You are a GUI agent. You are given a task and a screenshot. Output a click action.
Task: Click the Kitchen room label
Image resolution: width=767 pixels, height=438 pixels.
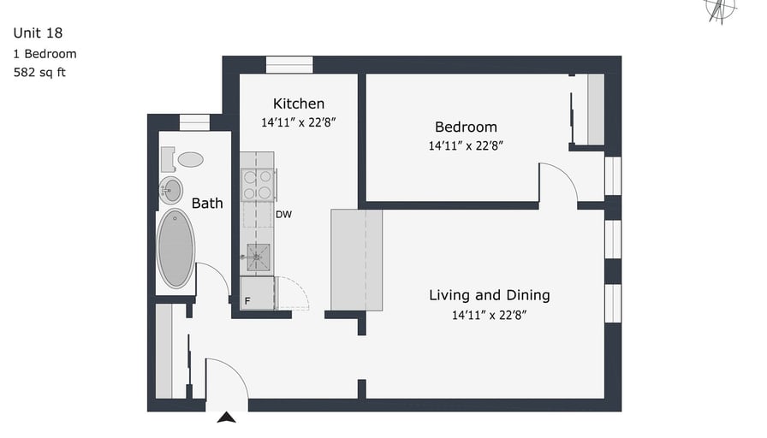(299, 104)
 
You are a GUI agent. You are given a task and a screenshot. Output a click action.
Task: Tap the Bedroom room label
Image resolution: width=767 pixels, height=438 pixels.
(466, 127)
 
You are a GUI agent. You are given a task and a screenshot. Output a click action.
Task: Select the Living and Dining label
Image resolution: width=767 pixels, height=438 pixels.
(489, 295)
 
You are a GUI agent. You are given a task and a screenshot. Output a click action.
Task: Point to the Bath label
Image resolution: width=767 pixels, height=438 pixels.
(207, 204)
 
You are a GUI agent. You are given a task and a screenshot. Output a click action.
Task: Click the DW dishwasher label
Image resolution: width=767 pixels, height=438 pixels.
(283, 214)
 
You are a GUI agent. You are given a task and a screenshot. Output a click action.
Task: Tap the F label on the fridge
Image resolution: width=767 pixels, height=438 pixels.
(247, 300)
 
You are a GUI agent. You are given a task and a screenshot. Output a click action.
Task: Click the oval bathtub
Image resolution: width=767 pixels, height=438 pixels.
(175, 248)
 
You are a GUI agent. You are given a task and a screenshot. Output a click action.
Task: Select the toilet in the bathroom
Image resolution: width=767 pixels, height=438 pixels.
(182, 159)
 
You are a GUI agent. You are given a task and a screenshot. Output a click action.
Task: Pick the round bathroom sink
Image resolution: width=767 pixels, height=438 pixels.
(170, 190)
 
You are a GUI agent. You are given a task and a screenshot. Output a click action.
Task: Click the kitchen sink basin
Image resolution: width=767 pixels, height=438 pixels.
(258, 257)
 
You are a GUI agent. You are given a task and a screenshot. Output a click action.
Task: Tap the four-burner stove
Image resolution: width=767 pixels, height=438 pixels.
(258, 185)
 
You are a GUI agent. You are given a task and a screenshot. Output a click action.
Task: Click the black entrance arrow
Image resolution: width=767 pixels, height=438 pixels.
(227, 417)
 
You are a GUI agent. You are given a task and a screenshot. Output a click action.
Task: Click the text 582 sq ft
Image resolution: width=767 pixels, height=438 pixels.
(39, 73)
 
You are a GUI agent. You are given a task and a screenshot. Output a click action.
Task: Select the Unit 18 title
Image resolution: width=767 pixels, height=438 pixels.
(38, 33)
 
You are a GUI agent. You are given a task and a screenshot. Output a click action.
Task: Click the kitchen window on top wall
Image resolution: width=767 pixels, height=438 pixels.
(289, 65)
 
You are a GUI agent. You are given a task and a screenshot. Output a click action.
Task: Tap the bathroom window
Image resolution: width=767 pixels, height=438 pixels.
(194, 122)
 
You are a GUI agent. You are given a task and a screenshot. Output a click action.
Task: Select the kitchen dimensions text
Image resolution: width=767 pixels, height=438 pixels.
(299, 122)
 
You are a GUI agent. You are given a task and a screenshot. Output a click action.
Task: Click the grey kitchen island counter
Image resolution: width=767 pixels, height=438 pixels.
(357, 260)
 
